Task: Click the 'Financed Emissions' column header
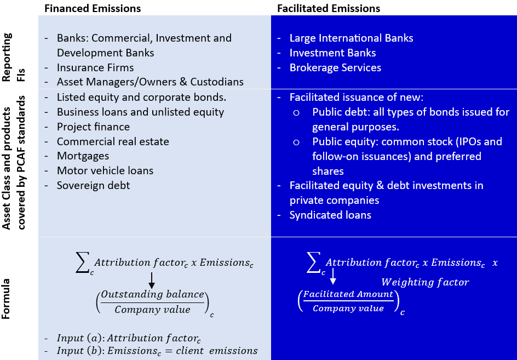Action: coord(92,8)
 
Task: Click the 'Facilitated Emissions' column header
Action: coord(329,8)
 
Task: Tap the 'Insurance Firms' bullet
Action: coord(95,67)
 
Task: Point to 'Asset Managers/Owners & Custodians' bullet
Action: coord(150,82)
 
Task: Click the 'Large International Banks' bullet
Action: coord(351,38)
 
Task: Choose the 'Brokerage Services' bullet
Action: coord(335,67)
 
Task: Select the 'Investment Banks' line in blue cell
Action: coord(332,53)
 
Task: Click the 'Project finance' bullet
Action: coord(93,127)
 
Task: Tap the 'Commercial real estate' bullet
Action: coord(113,141)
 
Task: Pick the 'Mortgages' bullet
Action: coord(83,156)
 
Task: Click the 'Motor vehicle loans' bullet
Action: coord(105,171)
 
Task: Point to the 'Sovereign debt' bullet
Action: coord(93,186)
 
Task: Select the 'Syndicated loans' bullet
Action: coord(330,215)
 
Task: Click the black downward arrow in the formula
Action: coord(152,280)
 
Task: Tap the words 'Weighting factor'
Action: coord(425,282)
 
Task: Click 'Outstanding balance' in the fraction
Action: coord(152,295)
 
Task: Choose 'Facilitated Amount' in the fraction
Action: coord(348,294)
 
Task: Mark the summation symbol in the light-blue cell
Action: coord(83,264)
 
